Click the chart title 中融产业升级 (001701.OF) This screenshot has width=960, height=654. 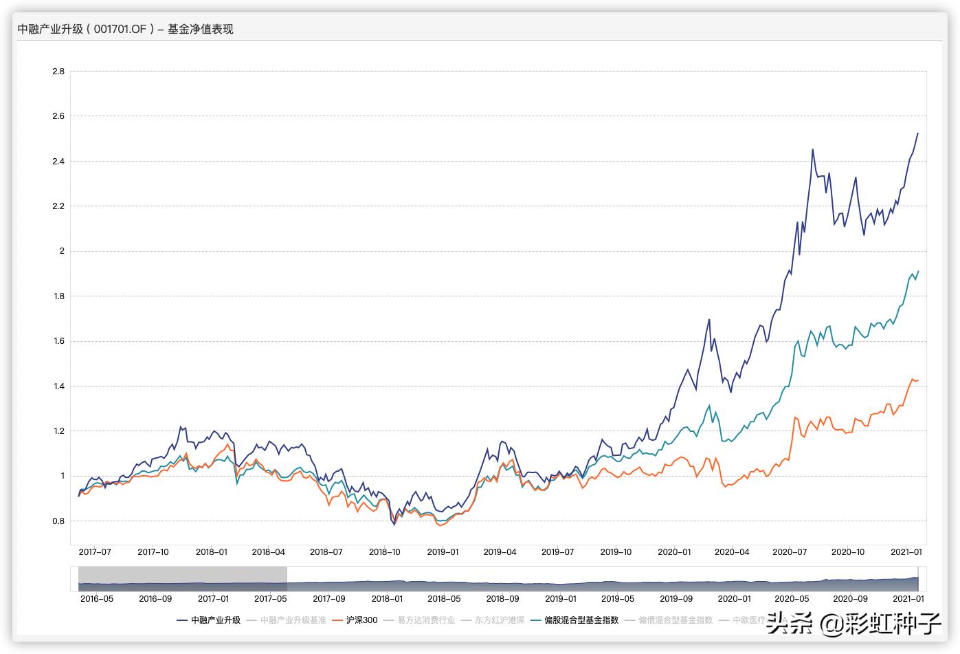click(x=125, y=29)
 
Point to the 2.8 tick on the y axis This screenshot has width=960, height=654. click(x=58, y=72)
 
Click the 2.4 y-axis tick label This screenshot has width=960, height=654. click(x=58, y=162)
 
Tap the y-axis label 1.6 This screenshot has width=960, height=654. click(x=58, y=341)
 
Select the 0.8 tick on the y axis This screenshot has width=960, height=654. click(x=58, y=521)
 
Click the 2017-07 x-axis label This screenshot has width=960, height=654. click(x=95, y=552)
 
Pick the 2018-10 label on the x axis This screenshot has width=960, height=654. click(x=384, y=552)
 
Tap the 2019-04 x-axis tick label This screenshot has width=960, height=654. click(x=500, y=552)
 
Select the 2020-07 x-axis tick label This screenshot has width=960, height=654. click(x=790, y=552)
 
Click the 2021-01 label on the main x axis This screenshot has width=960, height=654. click(x=906, y=552)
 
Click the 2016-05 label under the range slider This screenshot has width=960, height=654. click(x=96, y=599)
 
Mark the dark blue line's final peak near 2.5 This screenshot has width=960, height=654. click(x=917, y=133)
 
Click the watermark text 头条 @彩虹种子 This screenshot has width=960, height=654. click(x=853, y=624)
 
